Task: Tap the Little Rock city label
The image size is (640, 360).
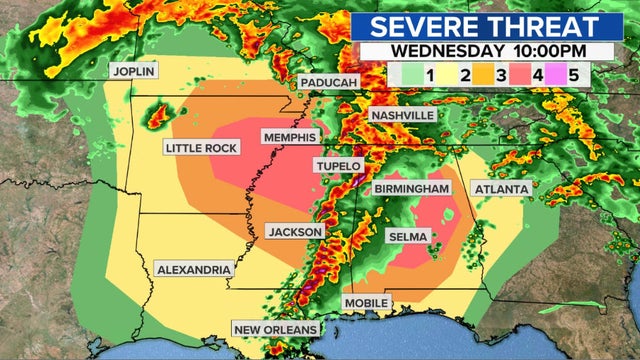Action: click(201, 148)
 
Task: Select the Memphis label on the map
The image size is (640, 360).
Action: click(289, 136)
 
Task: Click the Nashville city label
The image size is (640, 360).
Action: click(403, 115)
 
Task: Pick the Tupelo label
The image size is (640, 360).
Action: click(338, 165)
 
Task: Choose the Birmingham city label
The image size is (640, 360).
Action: click(411, 189)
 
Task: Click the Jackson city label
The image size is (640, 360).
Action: click(295, 232)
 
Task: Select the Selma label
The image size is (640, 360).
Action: click(408, 236)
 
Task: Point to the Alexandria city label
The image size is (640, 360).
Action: click(194, 269)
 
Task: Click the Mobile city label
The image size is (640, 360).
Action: click(367, 302)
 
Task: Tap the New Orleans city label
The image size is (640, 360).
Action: click(276, 329)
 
